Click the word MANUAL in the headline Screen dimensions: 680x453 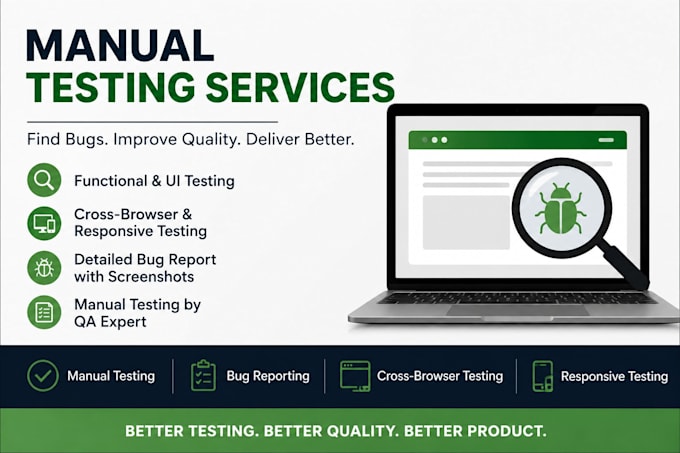(120, 46)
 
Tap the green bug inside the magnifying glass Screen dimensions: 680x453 (560, 209)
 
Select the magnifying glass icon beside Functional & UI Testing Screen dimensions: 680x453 (44, 180)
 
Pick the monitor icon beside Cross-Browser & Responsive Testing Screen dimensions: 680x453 (44, 224)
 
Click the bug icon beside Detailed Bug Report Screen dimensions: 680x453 (44, 268)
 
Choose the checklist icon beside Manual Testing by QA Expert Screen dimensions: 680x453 (44, 312)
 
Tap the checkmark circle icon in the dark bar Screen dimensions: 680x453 (42, 376)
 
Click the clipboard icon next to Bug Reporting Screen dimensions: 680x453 (203, 376)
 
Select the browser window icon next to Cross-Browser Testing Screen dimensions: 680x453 (355, 376)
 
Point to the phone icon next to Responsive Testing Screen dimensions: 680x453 (543, 376)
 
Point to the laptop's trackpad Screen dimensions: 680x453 (517, 310)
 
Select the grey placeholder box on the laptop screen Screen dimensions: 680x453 (466, 222)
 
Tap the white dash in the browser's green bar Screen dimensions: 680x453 (606, 140)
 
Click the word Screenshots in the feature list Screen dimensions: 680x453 (151, 277)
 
